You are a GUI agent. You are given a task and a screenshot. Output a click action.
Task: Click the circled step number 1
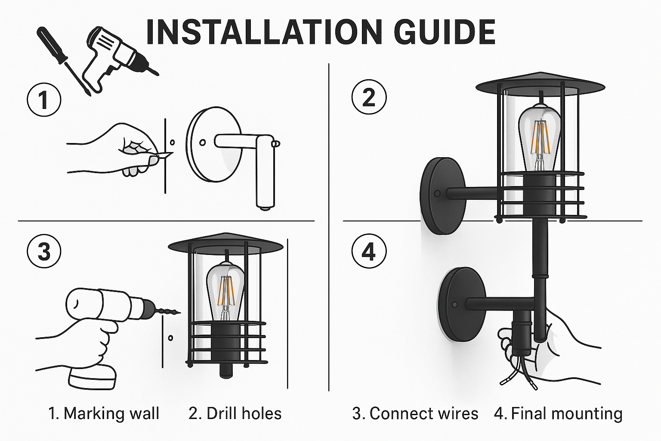tap(44, 99)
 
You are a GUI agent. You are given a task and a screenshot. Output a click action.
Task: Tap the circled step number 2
tap(369, 97)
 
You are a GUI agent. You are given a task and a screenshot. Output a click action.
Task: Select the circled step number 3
tap(44, 251)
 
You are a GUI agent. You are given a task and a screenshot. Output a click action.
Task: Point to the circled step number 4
tap(369, 251)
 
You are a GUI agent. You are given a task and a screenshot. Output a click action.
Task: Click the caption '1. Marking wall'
tap(104, 413)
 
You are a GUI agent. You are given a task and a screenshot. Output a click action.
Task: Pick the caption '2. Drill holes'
tap(235, 413)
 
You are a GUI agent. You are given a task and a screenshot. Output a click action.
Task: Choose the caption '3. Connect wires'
tap(415, 413)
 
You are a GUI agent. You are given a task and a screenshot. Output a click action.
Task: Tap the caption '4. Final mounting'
tap(558, 413)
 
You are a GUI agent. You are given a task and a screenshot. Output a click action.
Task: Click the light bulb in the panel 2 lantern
tap(540, 136)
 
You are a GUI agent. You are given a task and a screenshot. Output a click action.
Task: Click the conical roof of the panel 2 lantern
tap(540, 84)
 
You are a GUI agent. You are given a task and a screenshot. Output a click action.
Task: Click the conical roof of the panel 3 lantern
tap(225, 243)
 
